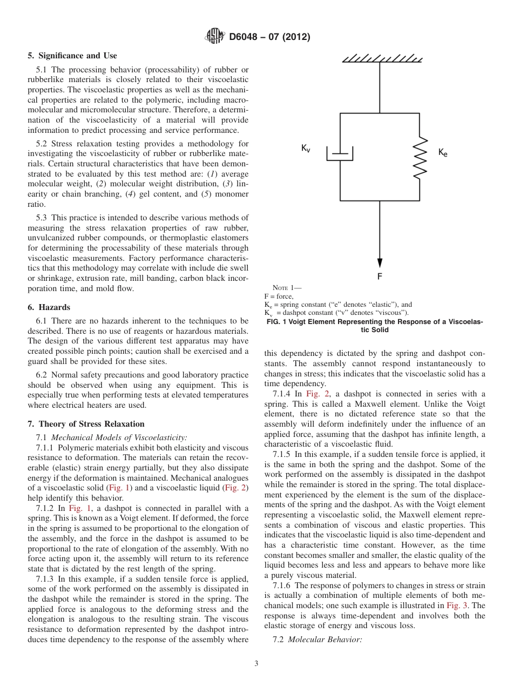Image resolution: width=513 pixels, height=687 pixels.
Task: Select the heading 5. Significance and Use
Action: [72, 56]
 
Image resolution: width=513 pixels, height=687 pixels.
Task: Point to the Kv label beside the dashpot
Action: [306, 149]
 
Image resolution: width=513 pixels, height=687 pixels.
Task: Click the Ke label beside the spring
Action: [443, 153]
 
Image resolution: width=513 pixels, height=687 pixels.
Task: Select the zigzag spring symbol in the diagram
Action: [420, 157]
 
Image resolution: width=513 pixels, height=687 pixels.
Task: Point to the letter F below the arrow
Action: [380, 276]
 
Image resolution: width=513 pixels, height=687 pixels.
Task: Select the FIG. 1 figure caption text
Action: [375, 326]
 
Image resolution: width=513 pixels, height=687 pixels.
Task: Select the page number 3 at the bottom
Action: [256, 664]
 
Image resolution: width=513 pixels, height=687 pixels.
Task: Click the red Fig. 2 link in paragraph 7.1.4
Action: [315, 394]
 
